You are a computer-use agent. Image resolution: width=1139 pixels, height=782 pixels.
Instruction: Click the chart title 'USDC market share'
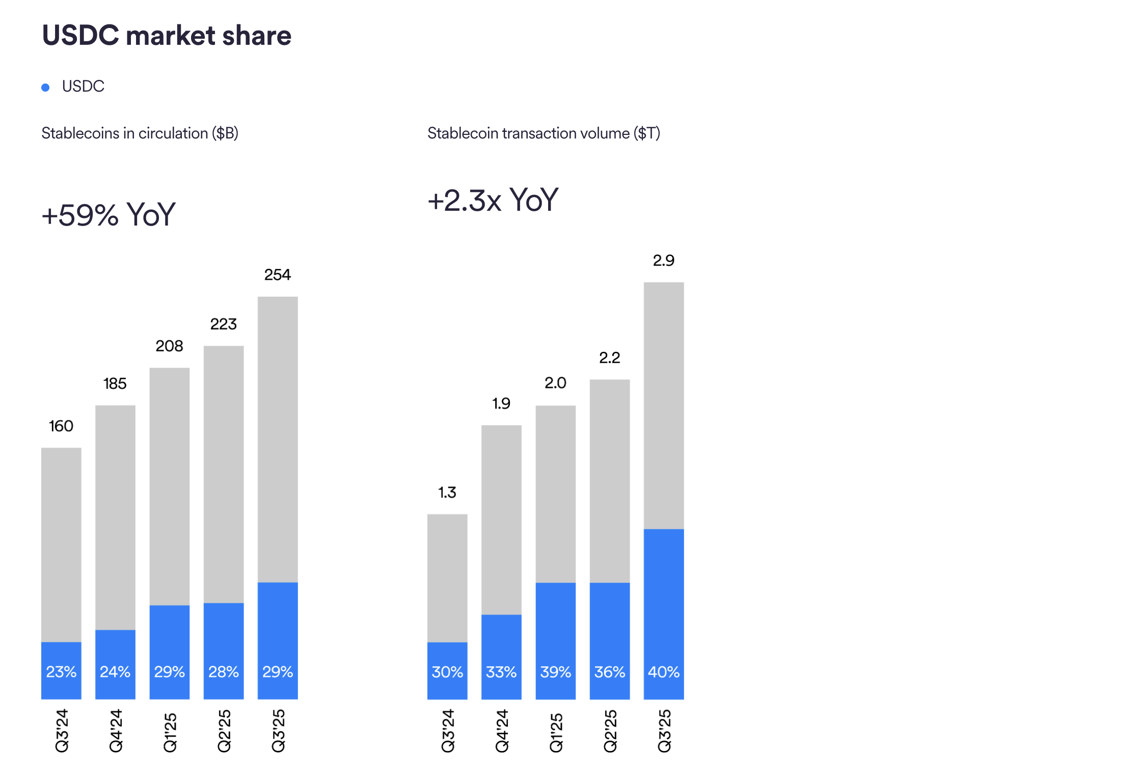[167, 36]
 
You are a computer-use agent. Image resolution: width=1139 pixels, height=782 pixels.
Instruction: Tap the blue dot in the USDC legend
[45, 88]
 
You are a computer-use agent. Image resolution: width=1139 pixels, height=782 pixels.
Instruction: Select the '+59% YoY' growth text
[109, 214]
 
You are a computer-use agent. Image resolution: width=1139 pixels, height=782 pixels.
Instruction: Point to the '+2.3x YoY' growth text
[493, 200]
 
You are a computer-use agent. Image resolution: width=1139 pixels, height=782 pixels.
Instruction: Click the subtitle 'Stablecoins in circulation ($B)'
[140, 133]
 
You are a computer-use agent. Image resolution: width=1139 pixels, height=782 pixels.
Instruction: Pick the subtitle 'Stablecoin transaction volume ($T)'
[544, 133]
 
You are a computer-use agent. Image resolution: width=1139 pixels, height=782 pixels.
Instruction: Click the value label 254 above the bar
[277, 275]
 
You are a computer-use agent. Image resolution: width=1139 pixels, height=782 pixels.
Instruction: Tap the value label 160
[61, 426]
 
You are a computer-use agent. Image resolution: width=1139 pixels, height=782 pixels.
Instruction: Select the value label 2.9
[663, 261]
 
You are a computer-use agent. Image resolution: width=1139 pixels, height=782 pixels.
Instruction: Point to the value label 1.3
[447, 492]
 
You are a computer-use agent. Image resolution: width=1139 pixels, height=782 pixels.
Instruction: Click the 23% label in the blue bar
[61, 672]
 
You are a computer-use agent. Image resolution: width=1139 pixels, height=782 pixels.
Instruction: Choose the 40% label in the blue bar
[663, 672]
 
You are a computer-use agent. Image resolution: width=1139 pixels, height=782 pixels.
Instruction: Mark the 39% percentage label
[555, 672]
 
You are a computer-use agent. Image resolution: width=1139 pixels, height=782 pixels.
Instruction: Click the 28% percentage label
[223, 672]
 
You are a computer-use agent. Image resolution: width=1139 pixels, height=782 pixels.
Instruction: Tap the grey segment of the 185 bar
[115, 517]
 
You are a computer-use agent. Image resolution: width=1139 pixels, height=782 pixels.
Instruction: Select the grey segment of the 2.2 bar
[609, 481]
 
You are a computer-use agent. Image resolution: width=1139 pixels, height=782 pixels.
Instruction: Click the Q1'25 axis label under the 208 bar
[170, 732]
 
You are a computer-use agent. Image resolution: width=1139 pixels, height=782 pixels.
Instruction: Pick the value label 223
[223, 324]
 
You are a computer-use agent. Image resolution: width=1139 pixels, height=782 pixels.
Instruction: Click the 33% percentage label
[501, 672]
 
